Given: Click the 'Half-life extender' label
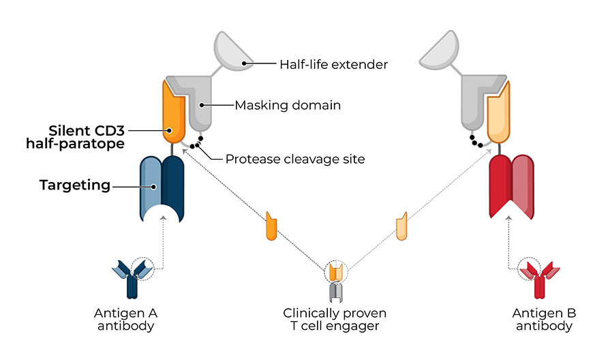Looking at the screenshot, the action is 333,64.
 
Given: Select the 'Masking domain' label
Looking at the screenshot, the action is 288,105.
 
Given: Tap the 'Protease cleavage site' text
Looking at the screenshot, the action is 295,159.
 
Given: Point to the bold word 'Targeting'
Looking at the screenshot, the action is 75,185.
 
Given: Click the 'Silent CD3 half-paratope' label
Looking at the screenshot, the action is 75,137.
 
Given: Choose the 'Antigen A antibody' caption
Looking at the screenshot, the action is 125,319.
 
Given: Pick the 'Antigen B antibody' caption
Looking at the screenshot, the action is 544,319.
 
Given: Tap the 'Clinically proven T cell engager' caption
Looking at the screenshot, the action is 335,319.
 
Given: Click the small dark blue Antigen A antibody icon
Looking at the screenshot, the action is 132,278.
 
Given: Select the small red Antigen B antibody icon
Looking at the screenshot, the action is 539,279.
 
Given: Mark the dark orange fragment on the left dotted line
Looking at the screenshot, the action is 271,226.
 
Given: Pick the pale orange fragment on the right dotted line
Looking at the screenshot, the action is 401,226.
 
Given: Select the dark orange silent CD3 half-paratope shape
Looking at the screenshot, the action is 173,112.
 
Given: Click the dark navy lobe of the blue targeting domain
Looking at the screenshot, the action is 172,185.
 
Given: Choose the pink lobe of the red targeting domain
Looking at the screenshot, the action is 523,185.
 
